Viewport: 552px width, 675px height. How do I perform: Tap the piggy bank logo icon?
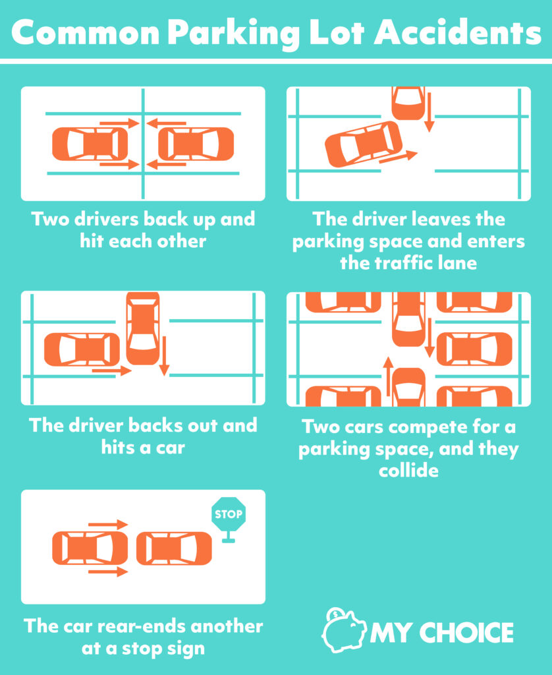pyautogui.click(x=344, y=631)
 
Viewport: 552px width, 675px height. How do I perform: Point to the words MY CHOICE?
pyautogui.click(x=441, y=633)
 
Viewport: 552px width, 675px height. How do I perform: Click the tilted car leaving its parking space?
pyautogui.click(x=364, y=144)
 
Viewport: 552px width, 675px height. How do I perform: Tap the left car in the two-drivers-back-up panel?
pyautogui.click(x=90, y=144)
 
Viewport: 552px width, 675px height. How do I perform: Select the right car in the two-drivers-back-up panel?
pyautogui.click(x=196, y=144)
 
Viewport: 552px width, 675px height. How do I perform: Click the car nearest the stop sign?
pyautogui.click(x=174, y=548)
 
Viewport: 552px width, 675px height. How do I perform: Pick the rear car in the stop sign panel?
pyautogui.click(x=90, y=548)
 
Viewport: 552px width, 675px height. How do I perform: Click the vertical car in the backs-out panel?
pyautogui.click(x=143, y=328)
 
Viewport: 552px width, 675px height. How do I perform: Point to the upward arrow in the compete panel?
pyautogui.click(x=389, y=378)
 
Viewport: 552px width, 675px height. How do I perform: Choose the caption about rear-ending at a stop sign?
pyautogui.click(x=143, y=636)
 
